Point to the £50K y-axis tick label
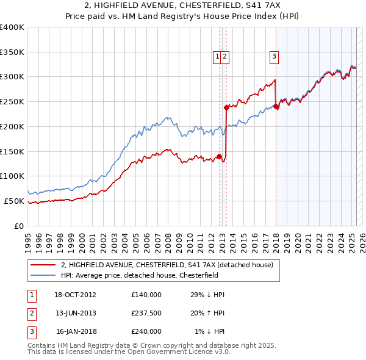click(x=14, y=201)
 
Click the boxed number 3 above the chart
click(x=274, y=57)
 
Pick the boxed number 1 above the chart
click(x=217, y=57)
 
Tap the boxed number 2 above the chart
click(x=225, y=57)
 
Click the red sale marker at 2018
click(x=276, y=107)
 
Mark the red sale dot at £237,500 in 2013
click(x=226, y=107)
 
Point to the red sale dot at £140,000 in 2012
click(x=220, y=156)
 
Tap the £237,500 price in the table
click(x=146, y=313)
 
